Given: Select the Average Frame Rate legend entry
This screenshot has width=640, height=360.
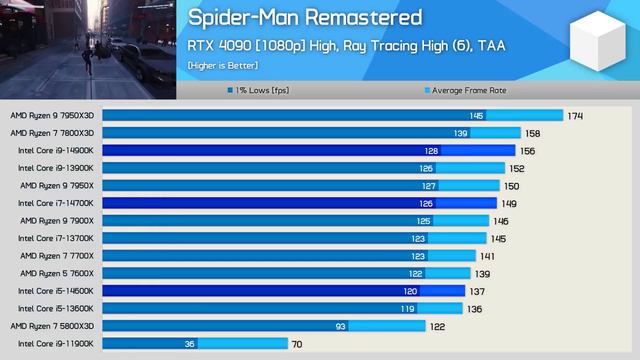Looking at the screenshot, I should pos(468,90).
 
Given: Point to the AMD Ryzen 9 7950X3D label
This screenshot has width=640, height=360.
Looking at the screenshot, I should pos(52,116).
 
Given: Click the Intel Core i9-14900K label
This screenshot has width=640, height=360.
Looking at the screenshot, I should pos(56,150).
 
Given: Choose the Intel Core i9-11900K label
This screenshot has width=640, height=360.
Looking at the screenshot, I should pos(56,343).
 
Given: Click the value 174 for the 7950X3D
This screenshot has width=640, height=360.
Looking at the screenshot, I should pos(574,116).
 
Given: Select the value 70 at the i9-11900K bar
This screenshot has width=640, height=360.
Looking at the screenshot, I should pos(297,343).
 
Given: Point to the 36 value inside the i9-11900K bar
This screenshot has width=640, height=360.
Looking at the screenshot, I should pos(189,343).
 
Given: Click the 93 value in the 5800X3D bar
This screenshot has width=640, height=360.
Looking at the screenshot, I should pos(341,326).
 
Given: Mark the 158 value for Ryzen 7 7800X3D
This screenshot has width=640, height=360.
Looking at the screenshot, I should pos(533,133).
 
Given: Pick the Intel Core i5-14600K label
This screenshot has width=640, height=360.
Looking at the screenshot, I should pos(56,291).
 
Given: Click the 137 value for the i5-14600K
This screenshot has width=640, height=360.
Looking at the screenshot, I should pos(477,291).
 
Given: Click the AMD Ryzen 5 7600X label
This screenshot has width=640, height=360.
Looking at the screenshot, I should pos(55,273).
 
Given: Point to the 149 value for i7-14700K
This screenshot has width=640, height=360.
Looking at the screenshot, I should pos(509,203).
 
